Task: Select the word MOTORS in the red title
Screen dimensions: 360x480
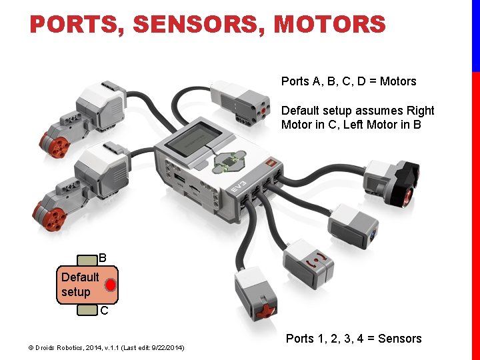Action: (329, 25)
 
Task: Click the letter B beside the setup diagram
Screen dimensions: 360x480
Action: (103, 257)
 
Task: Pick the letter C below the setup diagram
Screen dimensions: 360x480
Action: (104, 311)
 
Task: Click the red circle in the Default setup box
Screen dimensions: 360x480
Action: (110, 285)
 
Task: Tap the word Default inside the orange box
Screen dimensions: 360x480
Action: (80, 277)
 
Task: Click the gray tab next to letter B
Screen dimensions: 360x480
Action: (87, 260)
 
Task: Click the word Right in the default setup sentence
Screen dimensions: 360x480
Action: (419, 111)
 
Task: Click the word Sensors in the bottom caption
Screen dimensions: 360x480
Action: (399, 339)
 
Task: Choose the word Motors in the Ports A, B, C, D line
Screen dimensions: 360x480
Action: (397, 81)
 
